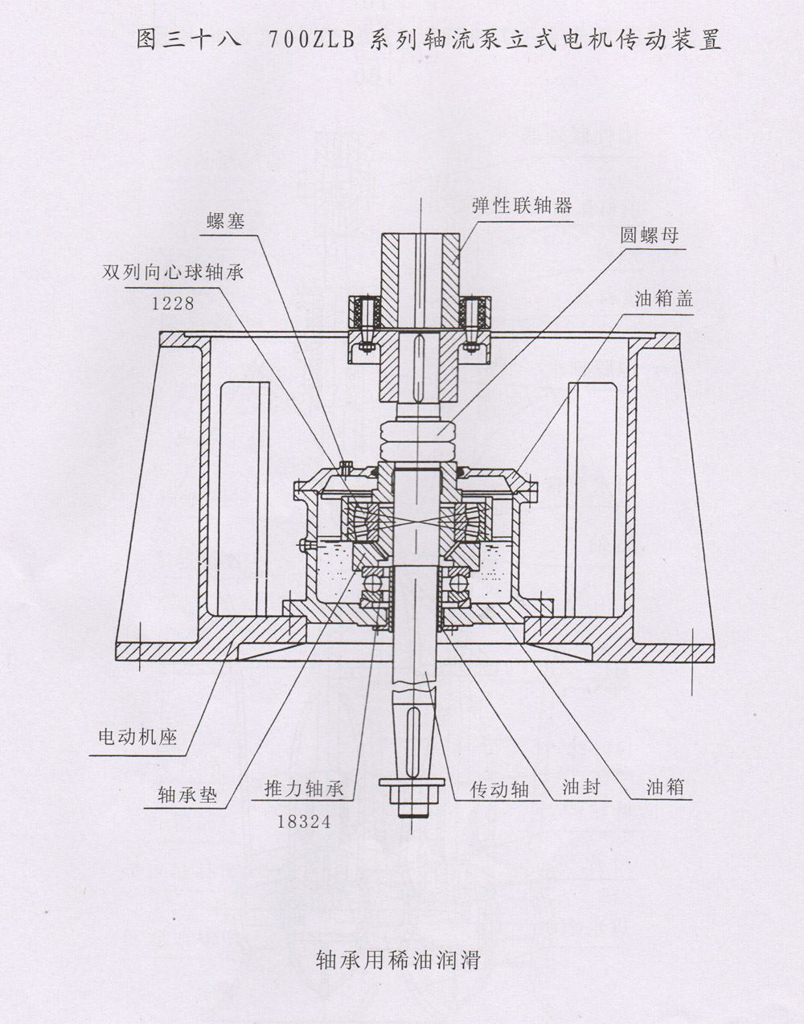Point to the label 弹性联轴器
(522, 205)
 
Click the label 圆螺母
(649, 236)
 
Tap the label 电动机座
(137, 735)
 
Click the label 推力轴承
(304, 788)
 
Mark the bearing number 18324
(304, 821)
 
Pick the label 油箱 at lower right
(666, 786)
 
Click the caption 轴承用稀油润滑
(399, 960)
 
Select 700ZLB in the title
(310, 40)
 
